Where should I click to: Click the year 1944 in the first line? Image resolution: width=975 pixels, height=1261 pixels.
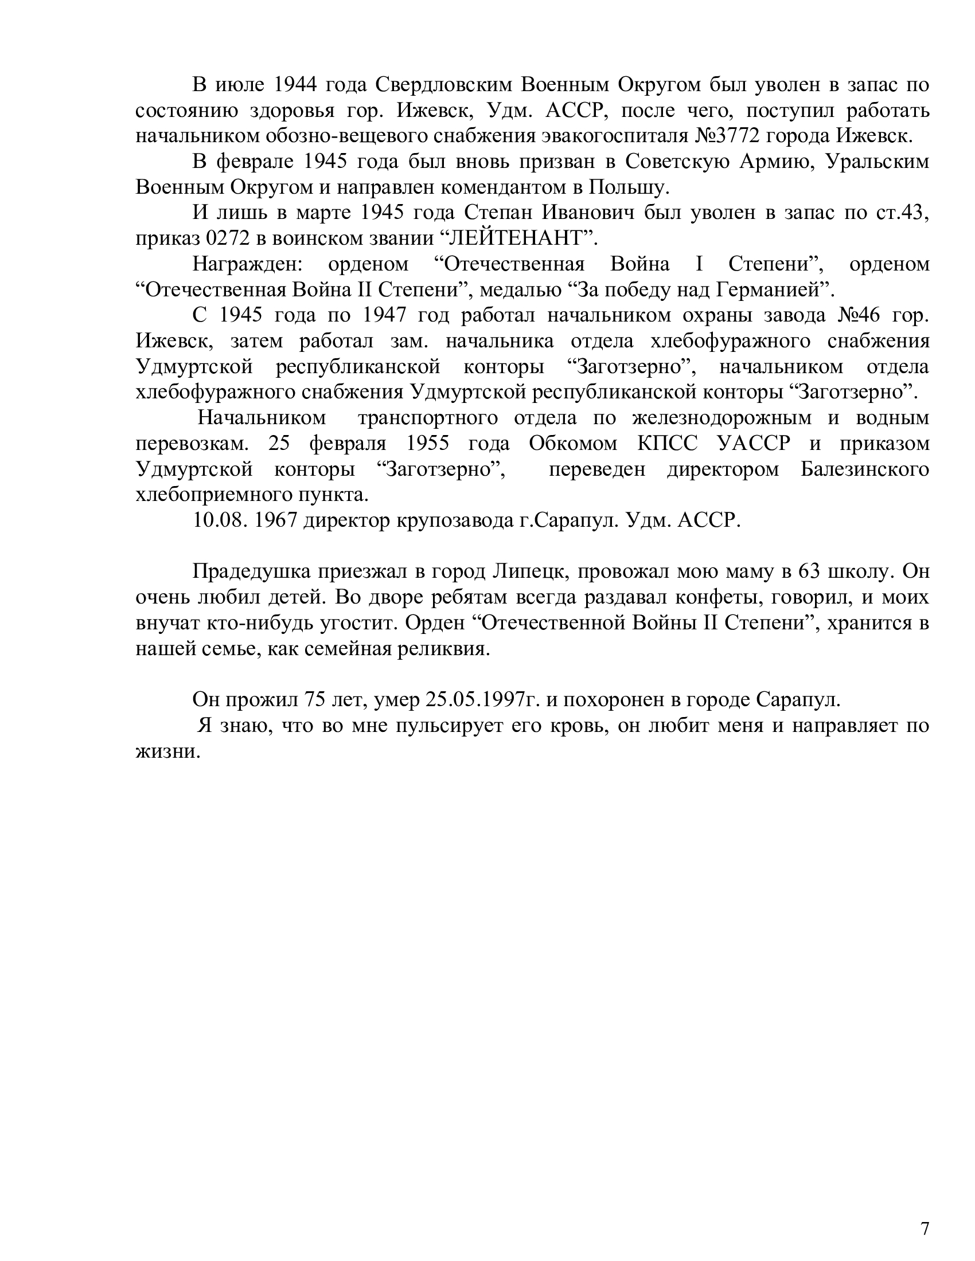pos(295,85)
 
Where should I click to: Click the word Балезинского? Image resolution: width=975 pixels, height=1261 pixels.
pos(865,469)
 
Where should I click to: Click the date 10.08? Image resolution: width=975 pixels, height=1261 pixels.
pos(217,520)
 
